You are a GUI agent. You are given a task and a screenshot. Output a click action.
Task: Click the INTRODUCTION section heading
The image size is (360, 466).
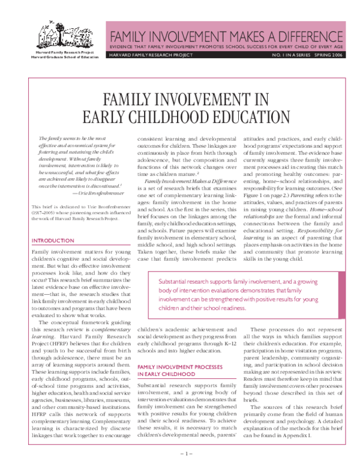[x=53, y=241]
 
